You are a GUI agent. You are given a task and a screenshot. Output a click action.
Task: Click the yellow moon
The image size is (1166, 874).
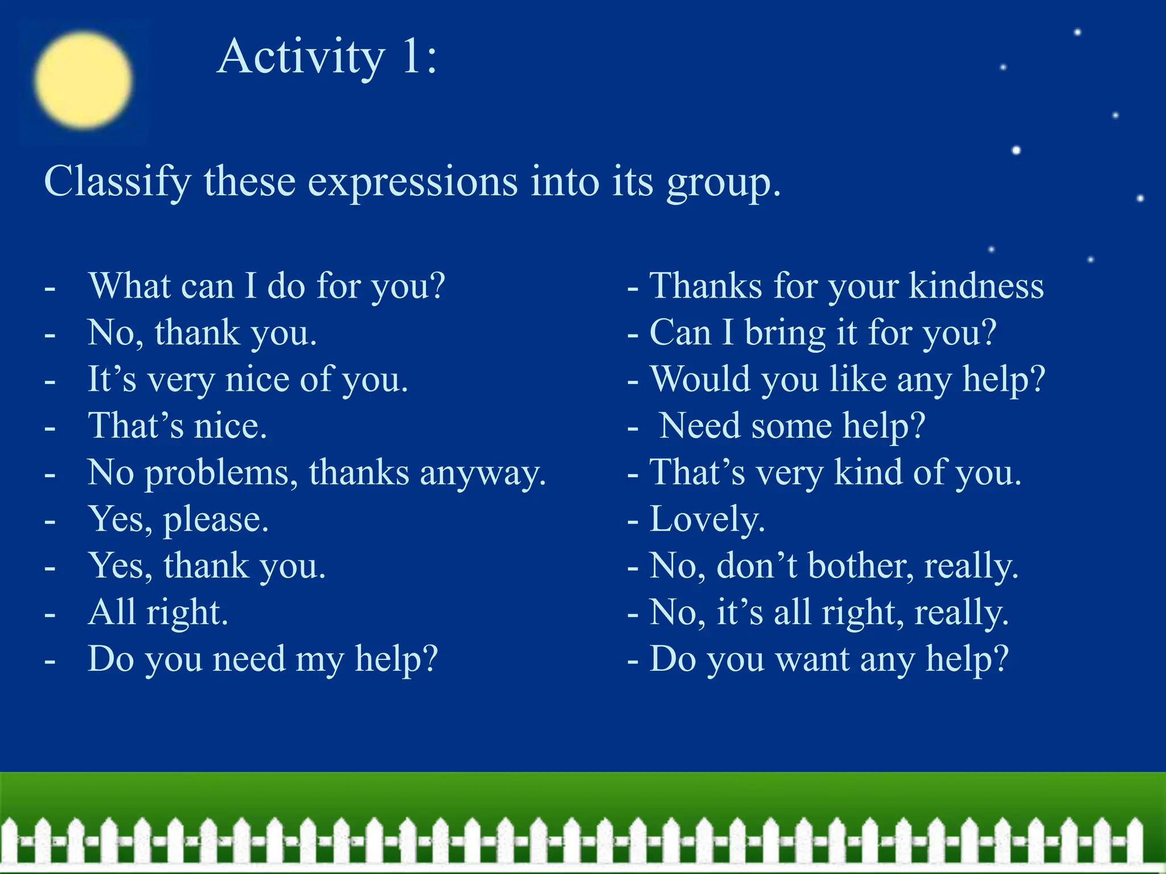click(x=83, y=80)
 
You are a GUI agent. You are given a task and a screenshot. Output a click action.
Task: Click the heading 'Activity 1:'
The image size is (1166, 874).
click(x=327, y=57)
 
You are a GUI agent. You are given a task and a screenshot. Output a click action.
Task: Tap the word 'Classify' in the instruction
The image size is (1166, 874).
click(x=117, y=182)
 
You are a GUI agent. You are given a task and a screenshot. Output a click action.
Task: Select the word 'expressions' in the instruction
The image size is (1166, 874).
click(x=413, y=182)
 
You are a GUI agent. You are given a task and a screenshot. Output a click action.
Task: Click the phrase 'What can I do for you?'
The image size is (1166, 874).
click(x=266, y=286)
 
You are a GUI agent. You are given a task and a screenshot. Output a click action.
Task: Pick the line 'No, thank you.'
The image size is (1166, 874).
click(x=202, y=332)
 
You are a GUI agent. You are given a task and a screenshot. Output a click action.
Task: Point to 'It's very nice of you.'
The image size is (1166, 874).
click(x=248, y=379)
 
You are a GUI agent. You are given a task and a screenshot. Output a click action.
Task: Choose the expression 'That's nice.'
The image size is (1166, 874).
click(x=177, y=426)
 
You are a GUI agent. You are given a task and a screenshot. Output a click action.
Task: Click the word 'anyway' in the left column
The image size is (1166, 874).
click(x=483, y=473)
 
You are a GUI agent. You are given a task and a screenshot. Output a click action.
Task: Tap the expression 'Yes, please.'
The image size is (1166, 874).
click(x=178, y=519)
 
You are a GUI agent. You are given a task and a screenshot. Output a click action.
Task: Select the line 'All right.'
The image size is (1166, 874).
click(x=158, y=612)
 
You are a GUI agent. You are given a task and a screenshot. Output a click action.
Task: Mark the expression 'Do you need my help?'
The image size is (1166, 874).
click(x=263, y=659)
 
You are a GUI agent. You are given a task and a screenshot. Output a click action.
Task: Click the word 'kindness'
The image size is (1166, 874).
click(x=976, y=286)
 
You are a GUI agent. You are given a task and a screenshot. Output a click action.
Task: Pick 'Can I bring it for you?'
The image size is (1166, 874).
click(x=823, y=332)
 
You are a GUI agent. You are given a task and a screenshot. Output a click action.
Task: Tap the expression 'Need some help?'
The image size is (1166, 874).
click(x=792, y=426)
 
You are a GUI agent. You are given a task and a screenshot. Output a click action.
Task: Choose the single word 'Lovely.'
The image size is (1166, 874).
click(x=707, y=519)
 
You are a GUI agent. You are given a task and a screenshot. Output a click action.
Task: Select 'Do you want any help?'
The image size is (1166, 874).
click(x=829, y=659)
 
